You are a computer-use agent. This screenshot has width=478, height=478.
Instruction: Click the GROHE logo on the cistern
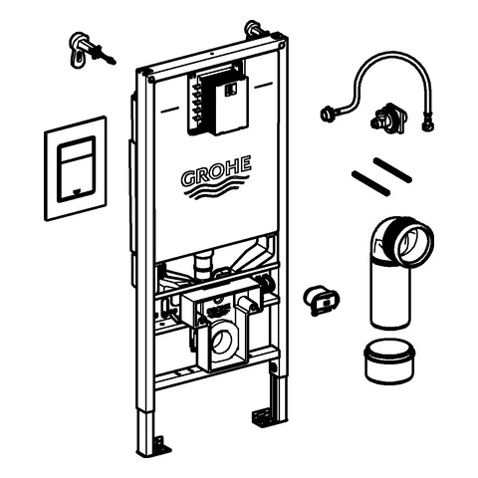(x=216, y=178)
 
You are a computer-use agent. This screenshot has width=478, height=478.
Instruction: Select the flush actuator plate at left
(x=76, y=168)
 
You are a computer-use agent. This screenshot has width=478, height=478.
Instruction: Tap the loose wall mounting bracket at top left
(x=92, y=50)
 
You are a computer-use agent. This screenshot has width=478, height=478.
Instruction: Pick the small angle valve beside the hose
(x=388, y=116)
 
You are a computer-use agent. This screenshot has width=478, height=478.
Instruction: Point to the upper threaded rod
(x=392, y=170)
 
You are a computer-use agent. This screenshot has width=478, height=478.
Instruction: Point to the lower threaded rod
(x=370, y=183)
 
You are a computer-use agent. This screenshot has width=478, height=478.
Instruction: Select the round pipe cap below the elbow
(x=389, y=361)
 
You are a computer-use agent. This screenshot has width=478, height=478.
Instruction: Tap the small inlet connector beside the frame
(x=322, y=300)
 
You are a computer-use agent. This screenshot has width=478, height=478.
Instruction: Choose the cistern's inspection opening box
(x=218, y=99)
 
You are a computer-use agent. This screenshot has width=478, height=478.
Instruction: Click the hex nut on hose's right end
(x=426, y=125)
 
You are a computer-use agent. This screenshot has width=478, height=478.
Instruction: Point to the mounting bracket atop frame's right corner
(x=256, y=29)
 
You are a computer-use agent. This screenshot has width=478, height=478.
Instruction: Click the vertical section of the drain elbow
(x=390, y=296)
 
